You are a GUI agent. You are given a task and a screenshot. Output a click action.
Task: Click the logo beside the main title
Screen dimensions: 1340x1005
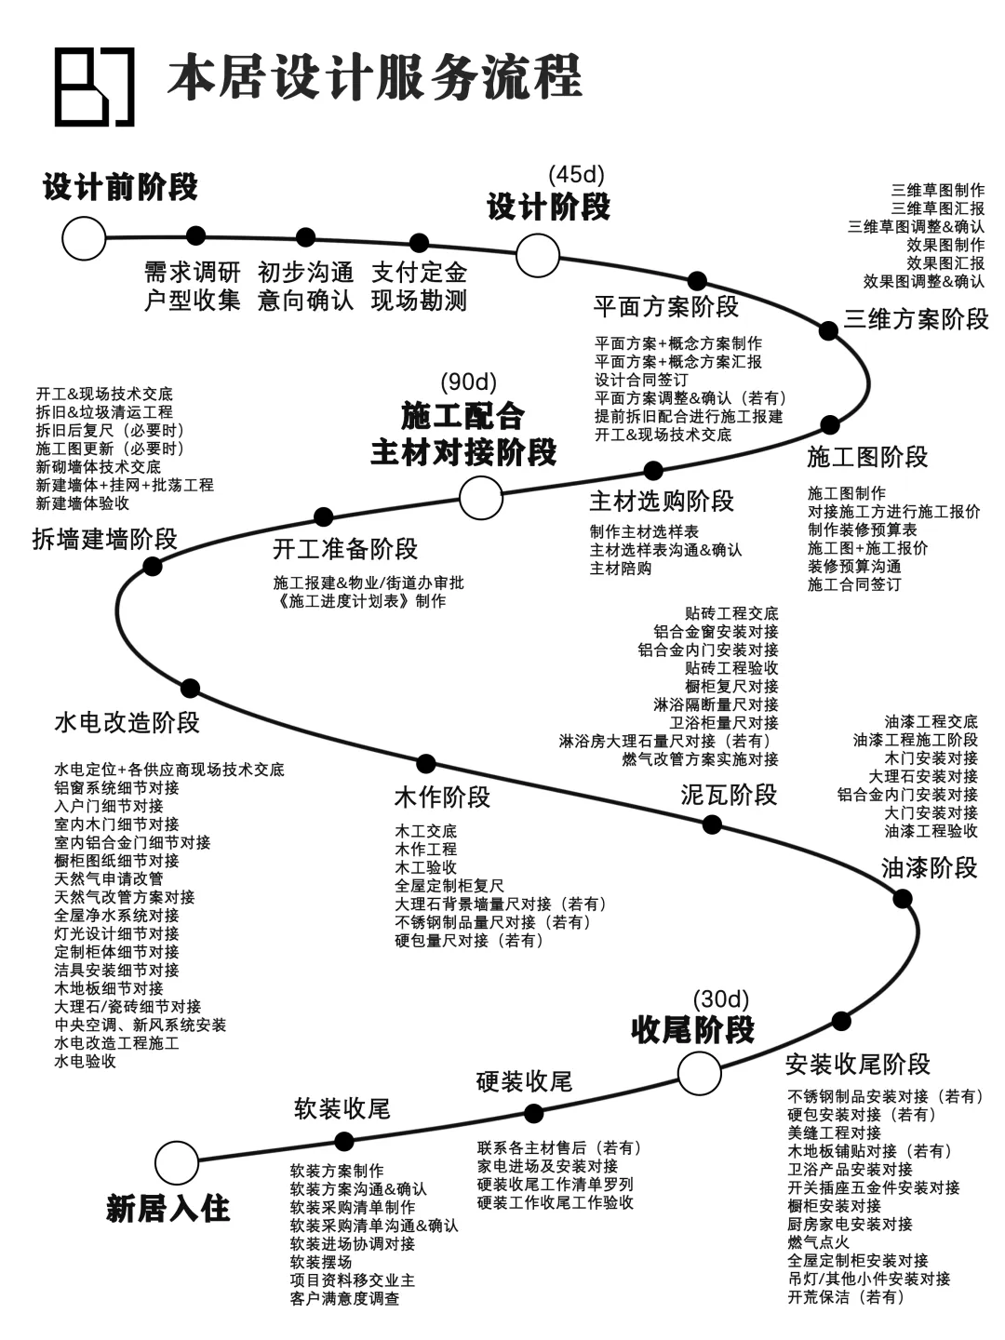coord(94,87)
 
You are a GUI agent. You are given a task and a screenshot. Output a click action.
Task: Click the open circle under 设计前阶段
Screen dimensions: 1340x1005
coord(84,238)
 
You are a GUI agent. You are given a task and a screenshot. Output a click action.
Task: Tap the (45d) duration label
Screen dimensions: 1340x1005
coord(576,174)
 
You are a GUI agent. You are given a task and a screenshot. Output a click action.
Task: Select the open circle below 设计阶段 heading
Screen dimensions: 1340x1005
coord(538,254)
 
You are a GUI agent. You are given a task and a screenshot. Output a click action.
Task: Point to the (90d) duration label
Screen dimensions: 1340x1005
coord(469,382)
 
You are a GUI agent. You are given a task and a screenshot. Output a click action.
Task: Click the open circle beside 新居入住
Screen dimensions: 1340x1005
coord(177,1162)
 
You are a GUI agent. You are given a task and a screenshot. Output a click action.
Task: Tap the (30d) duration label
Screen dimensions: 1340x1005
coord(721,998)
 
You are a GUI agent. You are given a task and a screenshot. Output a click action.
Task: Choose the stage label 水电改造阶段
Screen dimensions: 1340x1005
coord(127,723)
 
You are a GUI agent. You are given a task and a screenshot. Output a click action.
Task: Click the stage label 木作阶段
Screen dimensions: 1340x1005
coord(442,797)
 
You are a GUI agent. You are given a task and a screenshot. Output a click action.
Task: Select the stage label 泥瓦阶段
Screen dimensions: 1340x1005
coord(729,795)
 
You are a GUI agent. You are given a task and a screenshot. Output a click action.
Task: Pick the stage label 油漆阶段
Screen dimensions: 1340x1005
coord(930,867)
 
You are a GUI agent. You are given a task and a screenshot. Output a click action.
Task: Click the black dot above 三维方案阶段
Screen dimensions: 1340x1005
coord(828,329)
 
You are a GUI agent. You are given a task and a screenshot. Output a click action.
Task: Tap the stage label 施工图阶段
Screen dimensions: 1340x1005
coord(867,457)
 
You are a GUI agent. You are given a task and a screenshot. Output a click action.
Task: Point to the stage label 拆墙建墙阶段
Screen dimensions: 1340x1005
coord(104,539)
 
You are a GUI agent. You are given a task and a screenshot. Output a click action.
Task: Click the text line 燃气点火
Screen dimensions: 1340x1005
coord(818,1242)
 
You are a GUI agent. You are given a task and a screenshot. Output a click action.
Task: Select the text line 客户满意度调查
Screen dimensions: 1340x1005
coord(344,1298)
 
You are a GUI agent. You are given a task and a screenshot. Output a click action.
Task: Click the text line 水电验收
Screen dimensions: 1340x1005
coord(85,1061)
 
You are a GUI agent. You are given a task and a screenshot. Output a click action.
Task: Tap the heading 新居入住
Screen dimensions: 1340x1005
coord(167,1209)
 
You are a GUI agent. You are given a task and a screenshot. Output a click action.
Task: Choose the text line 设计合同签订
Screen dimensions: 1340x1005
coord(641,380)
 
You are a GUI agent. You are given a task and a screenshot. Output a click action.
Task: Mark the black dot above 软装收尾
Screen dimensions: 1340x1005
coord(343,1141)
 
